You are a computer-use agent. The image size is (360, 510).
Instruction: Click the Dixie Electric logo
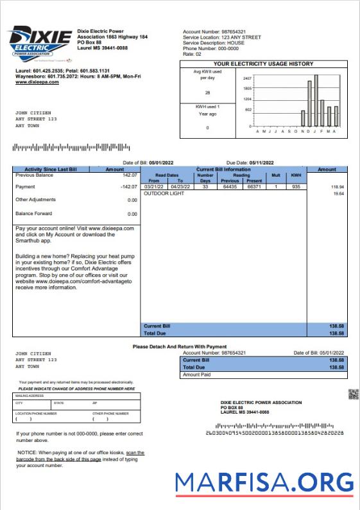39,42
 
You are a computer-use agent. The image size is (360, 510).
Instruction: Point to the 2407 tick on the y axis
247,76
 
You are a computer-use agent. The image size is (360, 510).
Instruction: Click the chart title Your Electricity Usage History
263,64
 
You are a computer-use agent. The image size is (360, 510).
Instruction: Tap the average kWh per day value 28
207,92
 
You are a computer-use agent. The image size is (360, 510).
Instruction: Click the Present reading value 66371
255,186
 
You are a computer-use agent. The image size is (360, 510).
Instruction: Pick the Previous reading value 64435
230,186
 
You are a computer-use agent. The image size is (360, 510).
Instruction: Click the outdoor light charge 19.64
338,193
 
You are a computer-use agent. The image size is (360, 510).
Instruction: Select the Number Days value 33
205,186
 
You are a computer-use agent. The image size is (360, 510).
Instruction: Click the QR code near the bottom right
353,394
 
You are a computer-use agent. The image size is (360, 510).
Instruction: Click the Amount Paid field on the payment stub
263,374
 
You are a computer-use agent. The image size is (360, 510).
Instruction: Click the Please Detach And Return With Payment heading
180,347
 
